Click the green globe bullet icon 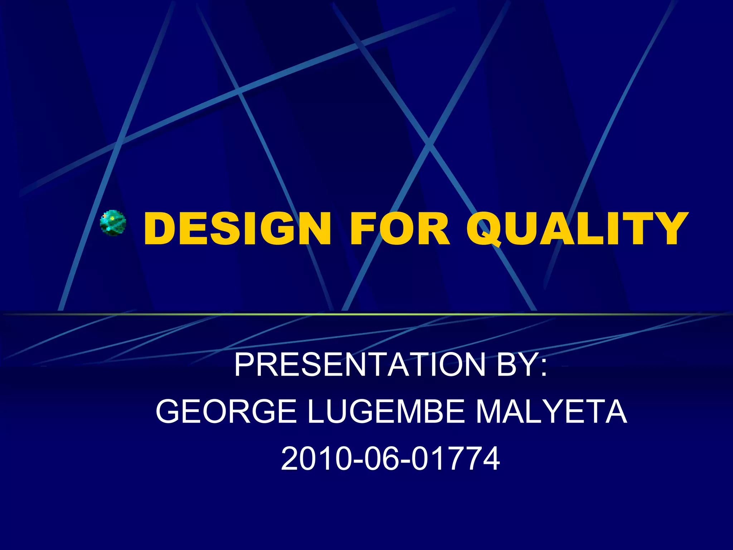[x=113, y=223]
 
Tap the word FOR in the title [x=399, y=228]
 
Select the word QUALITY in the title [x=576, y=228]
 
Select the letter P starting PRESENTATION [x=244, y=365]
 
